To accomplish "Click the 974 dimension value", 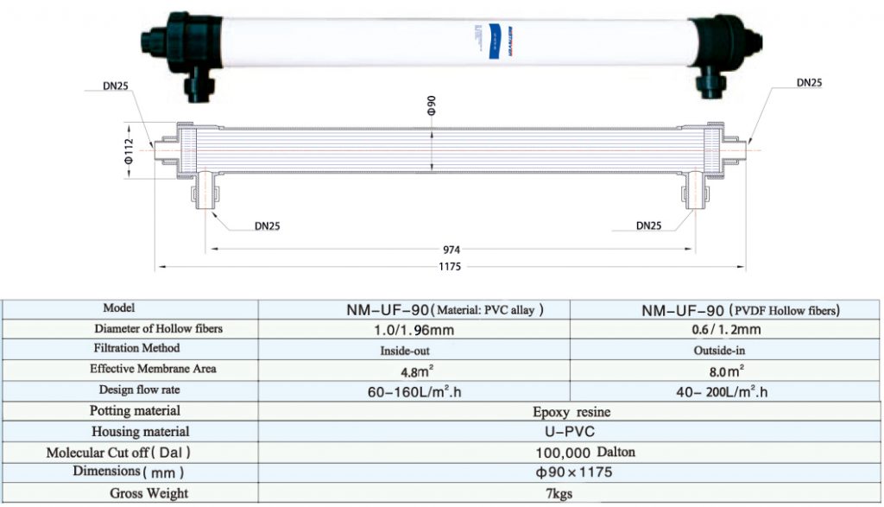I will point(450,248).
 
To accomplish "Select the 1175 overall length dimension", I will point(450,267).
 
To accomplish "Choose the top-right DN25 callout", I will point(809,83).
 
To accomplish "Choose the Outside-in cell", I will point(724,351).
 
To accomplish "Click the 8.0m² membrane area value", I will point(725,371).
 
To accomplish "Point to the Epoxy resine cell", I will point(571,412).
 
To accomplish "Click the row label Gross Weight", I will point(142,494).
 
